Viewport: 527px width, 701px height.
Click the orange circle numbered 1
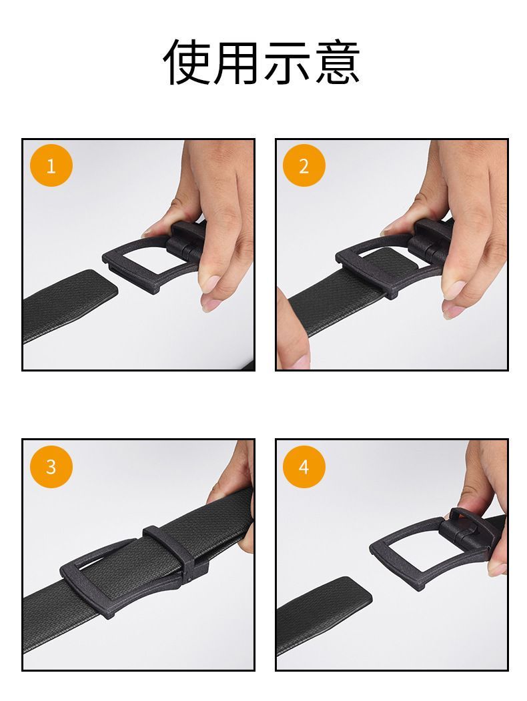51,165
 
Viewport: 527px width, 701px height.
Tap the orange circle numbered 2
304,165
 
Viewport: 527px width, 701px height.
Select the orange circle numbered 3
51,466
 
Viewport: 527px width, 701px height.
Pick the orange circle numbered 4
304,466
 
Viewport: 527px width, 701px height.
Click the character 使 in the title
187,61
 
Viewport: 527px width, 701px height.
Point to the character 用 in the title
237,61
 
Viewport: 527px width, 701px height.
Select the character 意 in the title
336,61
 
